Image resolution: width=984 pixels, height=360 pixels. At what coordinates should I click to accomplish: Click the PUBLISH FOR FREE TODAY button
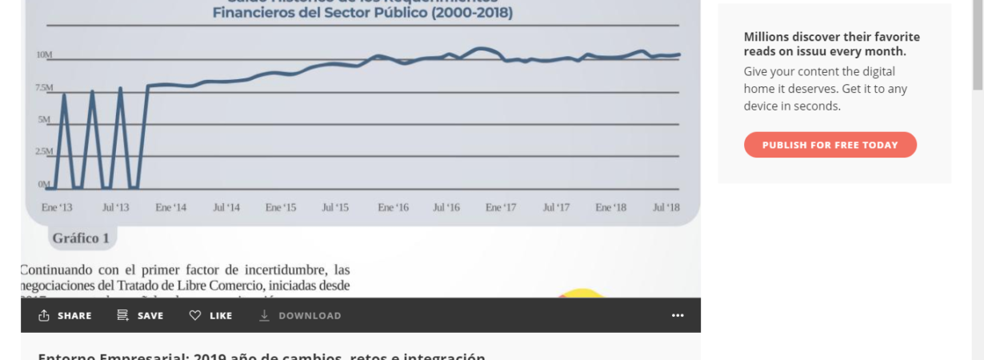(830, 145)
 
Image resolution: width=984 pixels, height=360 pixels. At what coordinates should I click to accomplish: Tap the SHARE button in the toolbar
(66, 316)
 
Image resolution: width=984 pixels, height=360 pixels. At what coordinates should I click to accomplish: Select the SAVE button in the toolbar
(140, 316)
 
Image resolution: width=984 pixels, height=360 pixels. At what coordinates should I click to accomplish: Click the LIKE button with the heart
(211, 316)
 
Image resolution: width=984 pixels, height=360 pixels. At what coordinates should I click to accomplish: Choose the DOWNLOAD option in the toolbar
(300, 316)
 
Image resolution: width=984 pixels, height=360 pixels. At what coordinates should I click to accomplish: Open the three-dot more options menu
(678, 316)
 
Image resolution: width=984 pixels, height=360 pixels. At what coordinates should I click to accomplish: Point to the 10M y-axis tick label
(44, 55)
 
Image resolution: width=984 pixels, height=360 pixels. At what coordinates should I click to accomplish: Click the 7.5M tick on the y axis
(44, 87)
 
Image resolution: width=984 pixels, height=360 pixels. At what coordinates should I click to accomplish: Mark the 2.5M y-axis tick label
(44, 151)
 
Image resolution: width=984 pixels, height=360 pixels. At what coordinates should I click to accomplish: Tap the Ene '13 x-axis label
(56, 208)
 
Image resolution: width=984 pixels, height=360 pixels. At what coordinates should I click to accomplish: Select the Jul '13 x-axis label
(115, 208)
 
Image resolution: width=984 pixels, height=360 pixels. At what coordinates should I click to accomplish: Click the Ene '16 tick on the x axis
(393, 208)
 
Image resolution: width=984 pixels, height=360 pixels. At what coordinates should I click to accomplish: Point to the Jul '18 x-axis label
(666, 208)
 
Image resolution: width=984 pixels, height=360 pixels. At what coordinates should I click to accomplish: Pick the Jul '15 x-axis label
(335, 208)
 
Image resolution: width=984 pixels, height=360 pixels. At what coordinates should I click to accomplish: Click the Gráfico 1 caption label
(81, 238)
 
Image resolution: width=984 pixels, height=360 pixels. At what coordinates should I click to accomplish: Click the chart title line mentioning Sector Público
(362, 14)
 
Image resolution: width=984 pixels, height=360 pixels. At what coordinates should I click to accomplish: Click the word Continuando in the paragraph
(57, 270)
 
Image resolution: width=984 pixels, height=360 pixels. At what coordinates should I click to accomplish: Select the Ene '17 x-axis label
(501, 208)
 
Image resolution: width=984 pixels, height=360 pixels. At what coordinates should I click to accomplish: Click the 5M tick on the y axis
(45, 120)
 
